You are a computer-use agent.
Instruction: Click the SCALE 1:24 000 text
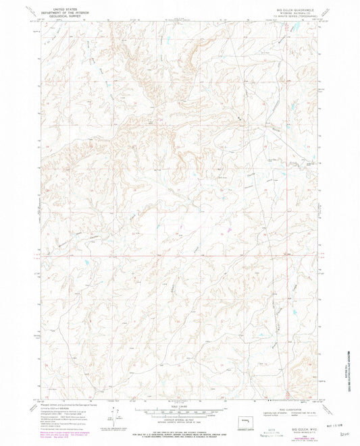(x=180, y=404)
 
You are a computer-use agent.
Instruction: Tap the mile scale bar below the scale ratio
(x=180, y=409)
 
